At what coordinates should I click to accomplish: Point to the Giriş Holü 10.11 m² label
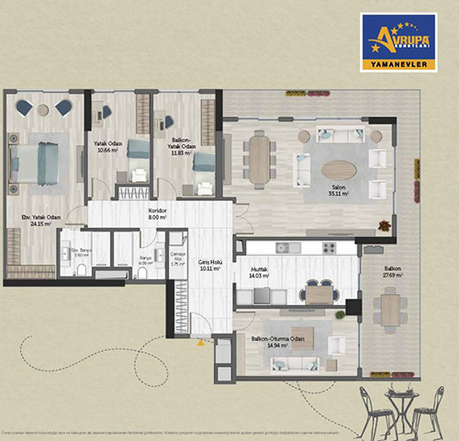[212, 266]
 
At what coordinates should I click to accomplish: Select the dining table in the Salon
[261, 159]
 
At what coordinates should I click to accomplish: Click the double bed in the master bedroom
[35, 162]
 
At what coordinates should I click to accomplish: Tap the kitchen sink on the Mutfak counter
[283, 248]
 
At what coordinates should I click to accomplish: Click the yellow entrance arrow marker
[199, 342]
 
